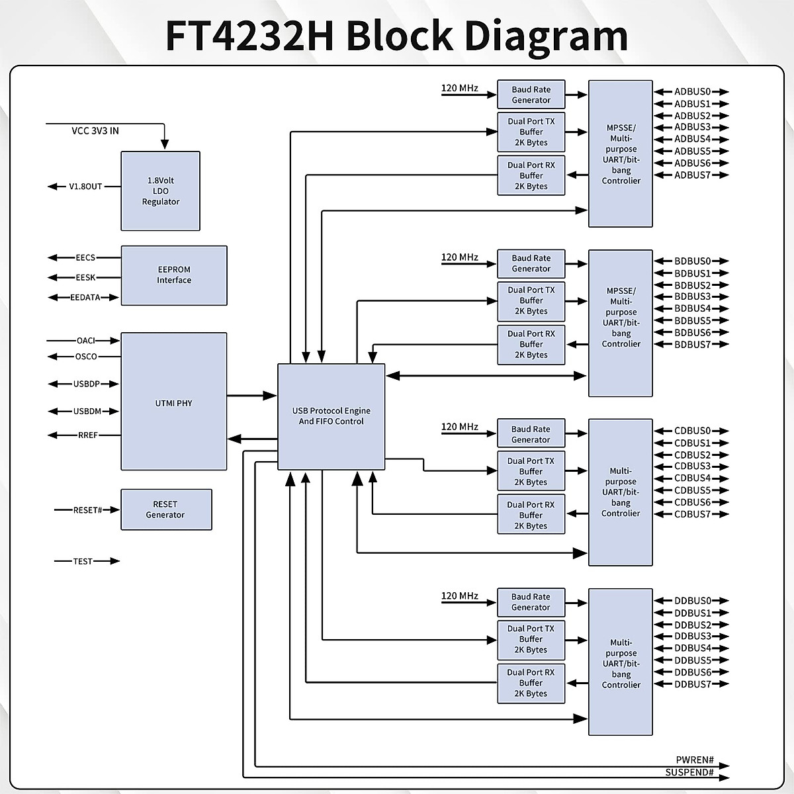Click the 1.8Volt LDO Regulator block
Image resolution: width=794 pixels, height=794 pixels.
[x=160, y=191]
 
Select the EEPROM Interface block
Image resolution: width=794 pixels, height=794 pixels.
[x=174, y=275]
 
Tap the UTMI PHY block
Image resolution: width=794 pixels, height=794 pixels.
[x=174, y=402]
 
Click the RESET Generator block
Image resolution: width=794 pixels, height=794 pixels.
[x=166, y=509]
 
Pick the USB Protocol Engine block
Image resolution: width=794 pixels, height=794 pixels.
[x=331, y=416]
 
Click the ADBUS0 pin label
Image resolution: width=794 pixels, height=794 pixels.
[x=692, y=92]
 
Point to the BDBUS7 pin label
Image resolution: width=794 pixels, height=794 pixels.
[x=692, y=345]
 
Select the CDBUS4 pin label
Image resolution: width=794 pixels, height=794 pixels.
[x=692, y=478]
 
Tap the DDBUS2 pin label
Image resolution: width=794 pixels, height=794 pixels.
[x=692, y=625]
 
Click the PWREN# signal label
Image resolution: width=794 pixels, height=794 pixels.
[x=695, y=760]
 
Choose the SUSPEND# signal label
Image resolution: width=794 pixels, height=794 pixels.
[x=689, y=772]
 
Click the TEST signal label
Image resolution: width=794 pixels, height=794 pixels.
[x=83, y=561]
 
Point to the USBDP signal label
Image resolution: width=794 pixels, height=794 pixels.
[x=86, y=384]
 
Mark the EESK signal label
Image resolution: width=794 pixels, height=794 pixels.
[x=85, y=278]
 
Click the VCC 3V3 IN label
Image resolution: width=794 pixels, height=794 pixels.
[x=95, y=131]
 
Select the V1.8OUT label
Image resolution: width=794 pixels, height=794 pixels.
[x=86, y=187]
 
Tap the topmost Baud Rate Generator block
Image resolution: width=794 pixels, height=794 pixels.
[x=531, y=95]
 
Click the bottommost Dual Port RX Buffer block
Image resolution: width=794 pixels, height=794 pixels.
[x=531, y=683]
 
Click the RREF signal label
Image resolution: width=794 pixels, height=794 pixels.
[x=87, y=435]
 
